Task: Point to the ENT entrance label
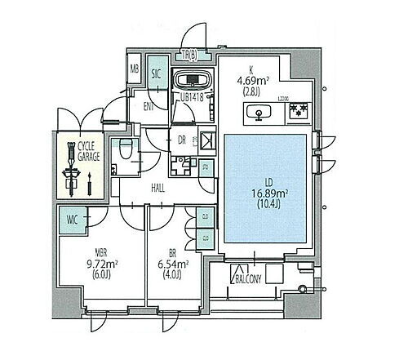(150, 105)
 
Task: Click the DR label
(182, 139)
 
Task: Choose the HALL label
(159, 188)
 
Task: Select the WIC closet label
(71, 218)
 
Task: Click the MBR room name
(80, 251)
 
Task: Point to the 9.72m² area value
(80, 264)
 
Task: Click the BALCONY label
(249, 278)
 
